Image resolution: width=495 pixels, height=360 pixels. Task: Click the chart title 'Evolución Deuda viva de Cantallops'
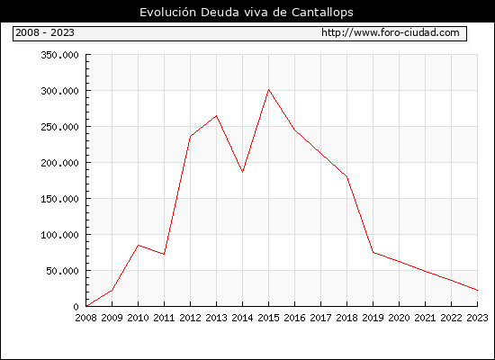pyautogui.click(x=247, y=13)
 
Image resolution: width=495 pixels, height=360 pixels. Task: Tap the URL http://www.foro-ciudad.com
pyautogui.click(x=391, y=32)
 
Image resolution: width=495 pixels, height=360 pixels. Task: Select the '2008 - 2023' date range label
pyautogui.click(x=45, y=32)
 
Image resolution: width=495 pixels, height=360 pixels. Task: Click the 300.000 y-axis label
pyautogui.click(x=59, y=91)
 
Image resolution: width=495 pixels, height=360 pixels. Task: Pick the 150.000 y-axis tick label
pyautogui.click(x=59, y=199)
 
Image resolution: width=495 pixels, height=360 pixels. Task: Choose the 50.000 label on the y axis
pyautogui.click(x=62, y=271)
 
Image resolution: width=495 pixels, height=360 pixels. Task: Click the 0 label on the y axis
pyautogui.click(x=76, y=307)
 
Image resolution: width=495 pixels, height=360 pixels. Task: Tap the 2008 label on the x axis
pyautogui.click(x=85, y=318)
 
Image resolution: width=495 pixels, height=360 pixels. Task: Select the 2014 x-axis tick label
pyautogui.click(x=242, y=318)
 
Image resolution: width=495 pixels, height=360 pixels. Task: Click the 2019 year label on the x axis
pyautogui.click(x=373, y=318)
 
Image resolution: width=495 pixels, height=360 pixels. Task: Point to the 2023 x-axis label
pyautogui.click(x=477, y=318)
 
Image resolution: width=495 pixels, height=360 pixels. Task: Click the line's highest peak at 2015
pyautogui.click(x=269, y=90)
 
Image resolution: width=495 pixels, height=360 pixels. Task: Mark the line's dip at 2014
pyautogui.click(x=242, y=173)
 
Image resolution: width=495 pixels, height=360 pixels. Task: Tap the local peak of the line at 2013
pyautogui.click(x=216, y=115)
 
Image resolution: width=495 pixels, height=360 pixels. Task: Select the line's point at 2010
pyautogui.click(x=138, y=245)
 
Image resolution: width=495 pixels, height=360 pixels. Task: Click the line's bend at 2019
pyautogui.click(x=373, y=252)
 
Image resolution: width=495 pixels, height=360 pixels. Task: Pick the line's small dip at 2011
pyautogui.click(x=164, y=254)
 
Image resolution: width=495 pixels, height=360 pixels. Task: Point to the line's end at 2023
pyautogui.click(x=477, y=290)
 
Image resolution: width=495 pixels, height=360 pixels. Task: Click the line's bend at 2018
pyautogui.click(x=346, y=176)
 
